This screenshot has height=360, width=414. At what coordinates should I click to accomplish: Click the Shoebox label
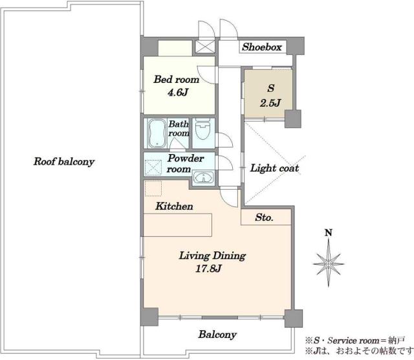click(x=262, y=47)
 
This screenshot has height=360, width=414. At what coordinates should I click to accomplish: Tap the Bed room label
click(x=177, y=79)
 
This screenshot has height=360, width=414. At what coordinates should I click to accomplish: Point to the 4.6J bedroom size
click(x=178, y=93)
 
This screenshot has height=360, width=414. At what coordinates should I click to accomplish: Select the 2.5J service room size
click(x=270, y=103)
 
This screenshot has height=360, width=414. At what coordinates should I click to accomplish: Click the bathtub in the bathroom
click(x=157, y=133)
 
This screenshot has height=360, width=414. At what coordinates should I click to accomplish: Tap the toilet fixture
click(x=202, y=129)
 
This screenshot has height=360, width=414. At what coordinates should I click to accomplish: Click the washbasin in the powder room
click(x=203, y=177)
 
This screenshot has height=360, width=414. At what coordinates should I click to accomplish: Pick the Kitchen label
click(x=174, y=206)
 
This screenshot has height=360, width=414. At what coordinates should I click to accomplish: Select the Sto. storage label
click(x=264, y=218)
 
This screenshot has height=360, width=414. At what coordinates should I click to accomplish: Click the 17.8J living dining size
click(x=208, y=269)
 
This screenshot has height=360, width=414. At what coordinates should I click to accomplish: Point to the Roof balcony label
click(x=64, y=161)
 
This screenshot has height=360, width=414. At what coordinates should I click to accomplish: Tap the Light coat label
click(x=274, y=168)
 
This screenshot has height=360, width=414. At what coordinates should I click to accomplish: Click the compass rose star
click(x=329, y=264)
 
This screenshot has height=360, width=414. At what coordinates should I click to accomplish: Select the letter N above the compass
click(x=329, y=232)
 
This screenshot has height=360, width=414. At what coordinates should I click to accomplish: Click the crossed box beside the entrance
click(x=205, y=47)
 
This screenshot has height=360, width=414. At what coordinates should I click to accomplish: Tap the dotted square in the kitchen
click(x=153, y=188)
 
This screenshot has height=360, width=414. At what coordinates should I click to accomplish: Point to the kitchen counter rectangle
click(x=177, y=225)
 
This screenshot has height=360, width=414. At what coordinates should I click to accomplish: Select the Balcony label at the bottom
click(x=217, y=335)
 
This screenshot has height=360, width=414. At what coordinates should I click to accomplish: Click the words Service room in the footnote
click(x=353, y=341)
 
